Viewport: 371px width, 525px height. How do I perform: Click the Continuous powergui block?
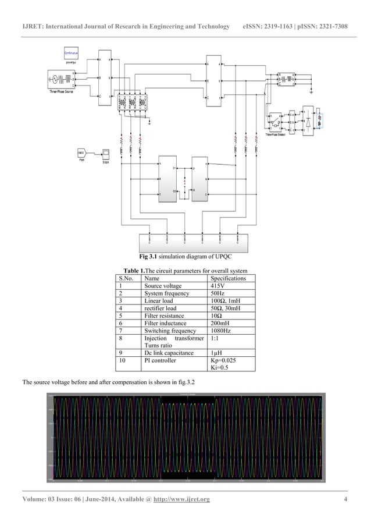71,53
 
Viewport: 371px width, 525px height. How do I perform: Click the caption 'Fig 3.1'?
148,257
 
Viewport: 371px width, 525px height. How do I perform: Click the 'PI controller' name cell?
160,361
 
